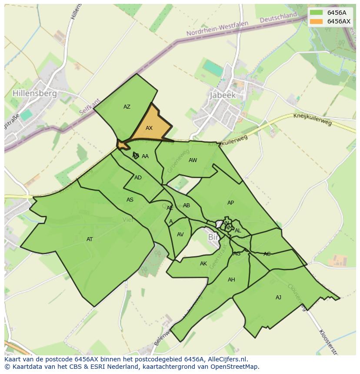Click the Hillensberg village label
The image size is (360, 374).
pos(35,93)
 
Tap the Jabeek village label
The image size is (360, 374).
pos(222,95)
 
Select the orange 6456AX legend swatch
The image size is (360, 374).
pos(316,21)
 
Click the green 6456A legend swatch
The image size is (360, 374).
pos(316,13)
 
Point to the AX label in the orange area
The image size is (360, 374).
pos(149,128)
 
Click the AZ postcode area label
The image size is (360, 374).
pos(127,107)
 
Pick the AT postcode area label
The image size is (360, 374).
pos(90,239)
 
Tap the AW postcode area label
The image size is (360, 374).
pos(193,160)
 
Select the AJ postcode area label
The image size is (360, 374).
pos(278,298)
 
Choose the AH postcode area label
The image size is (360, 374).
pos(231,280)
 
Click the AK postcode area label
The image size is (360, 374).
pos(203,264)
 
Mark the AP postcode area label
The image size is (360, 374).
pos(230,203)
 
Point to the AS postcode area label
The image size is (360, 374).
pos(130,200)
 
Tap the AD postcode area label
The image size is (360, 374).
pos(138,178)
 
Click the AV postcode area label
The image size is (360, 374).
pos(180,235)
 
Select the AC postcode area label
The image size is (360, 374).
pos(267,254)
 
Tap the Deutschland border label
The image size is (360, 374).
pos(278,18)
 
